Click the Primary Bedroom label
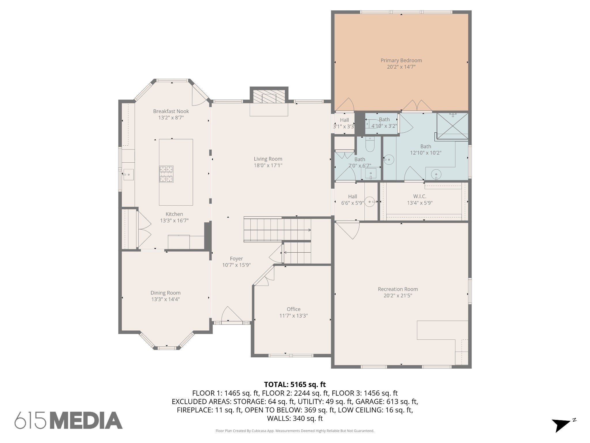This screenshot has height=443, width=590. (401, 60)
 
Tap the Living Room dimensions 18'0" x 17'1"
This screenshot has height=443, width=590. (268, 165)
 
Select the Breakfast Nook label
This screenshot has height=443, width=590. (171, 111)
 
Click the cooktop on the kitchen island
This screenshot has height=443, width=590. (167, 174)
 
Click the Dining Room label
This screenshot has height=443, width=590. (166, 293)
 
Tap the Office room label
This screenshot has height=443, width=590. (294, 309)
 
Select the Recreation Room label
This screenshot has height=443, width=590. (398, 289)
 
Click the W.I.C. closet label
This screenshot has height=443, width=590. (419, 196)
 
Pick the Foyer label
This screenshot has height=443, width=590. (236, 259)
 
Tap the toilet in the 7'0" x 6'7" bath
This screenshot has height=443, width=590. (369, 144)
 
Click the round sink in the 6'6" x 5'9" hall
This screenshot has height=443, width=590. (370, 201)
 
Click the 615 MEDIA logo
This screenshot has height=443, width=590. (69, 420)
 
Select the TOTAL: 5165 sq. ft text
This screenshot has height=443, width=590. (295, 384)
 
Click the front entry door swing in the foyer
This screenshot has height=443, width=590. (229, 314)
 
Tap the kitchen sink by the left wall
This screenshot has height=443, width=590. (128, 174)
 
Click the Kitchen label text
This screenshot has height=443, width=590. (174, 214)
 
